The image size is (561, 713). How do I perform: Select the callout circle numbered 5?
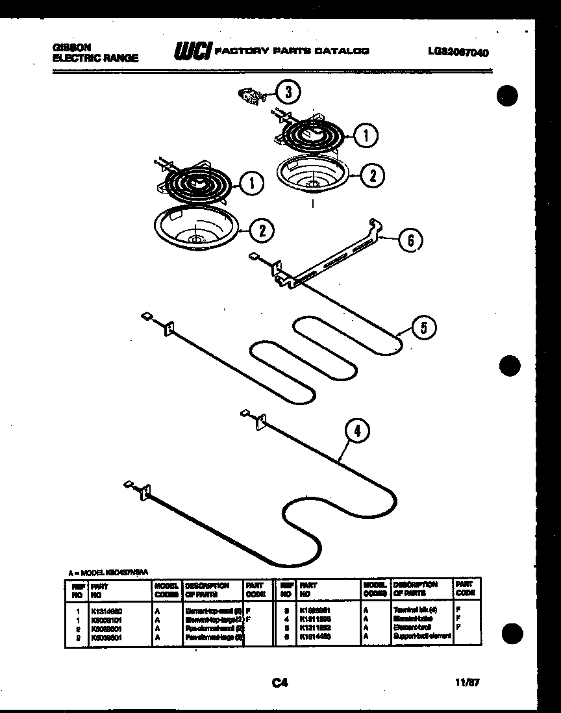point(423,328)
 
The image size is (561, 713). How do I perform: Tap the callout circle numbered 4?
point(358,430)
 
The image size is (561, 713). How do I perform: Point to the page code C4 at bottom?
point(279,682)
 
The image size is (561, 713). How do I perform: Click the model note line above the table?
point(109,572)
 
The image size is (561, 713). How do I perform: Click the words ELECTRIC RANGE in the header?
point(95,58)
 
